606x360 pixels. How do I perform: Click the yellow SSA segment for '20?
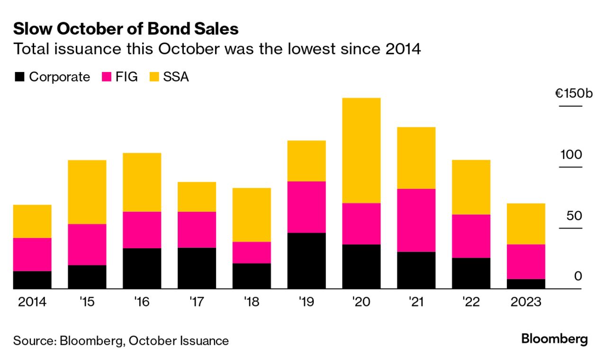[x=361, y=150]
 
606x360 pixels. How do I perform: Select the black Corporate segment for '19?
[x=306, y=261]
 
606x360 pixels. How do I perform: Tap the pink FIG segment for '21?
[x=416, y=220]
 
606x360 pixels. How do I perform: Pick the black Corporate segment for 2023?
[x=525, y=284]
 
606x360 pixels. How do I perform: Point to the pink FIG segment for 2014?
[x=32, y=254]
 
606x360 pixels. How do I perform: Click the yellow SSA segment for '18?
[x=251, y=215]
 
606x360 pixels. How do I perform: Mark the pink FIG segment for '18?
[x=251, y=252]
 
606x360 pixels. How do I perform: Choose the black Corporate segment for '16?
[x=142, y=268]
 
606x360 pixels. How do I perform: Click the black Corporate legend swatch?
[x=19, y=77]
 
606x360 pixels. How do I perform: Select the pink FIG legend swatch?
[x=107, y=77]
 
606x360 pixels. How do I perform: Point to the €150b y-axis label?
[x=574, y=93]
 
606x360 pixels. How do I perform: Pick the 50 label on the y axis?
[x=573, y=216]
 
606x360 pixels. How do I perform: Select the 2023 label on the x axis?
[x=525, y=302]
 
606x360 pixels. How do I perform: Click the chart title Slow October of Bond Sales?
[x=126, y=29]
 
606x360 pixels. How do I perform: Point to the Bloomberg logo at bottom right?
[x=554, y=339]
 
